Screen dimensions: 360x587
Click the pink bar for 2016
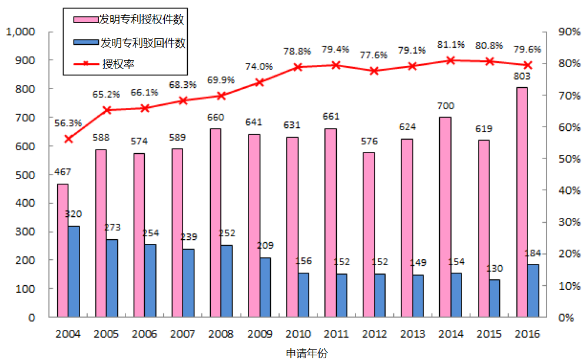[x=522, y=202]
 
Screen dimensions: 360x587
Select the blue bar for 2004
[x=74, y=272]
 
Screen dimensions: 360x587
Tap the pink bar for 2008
[x=215, y=223]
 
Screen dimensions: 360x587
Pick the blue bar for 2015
[x=494, y=298]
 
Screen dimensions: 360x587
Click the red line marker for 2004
[x=68, y=138]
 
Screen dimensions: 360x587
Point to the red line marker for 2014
[x=450, y=60]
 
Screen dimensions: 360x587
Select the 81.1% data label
[x=450, y=45]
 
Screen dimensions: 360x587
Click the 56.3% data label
[x=68, y=123]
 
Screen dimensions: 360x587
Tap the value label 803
[x=522, y=76]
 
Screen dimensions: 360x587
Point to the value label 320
[x=74, y=214]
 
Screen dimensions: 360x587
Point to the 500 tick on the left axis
[x=26, y=175]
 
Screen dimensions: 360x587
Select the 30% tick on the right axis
[x=568, y=222]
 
